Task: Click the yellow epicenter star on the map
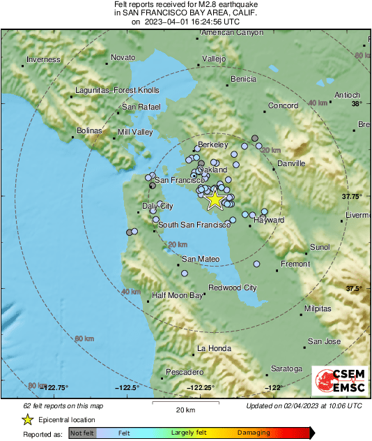point(215,200)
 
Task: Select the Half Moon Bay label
point(177,295)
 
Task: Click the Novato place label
point(123,57)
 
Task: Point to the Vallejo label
point(214,59)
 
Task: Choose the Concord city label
point(284,106)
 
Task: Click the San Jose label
point(324,341)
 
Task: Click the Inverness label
point(44,60)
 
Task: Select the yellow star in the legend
point(27,419)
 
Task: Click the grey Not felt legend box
point(82,433)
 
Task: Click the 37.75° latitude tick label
point(352,197)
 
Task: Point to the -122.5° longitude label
point(127,387)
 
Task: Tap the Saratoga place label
point(287,368)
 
